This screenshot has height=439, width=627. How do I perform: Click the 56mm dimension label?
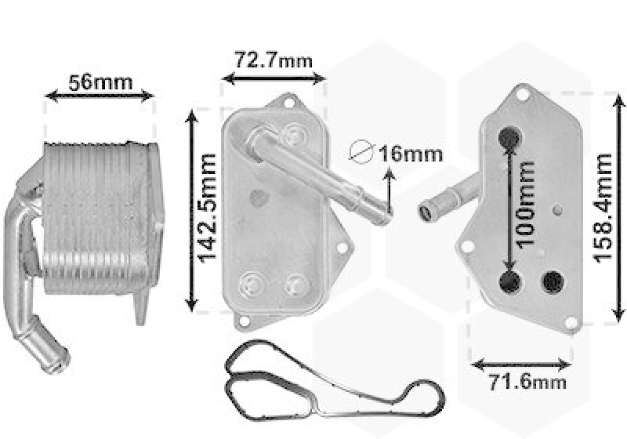[100, 82]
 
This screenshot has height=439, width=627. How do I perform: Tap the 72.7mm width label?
[273, 60]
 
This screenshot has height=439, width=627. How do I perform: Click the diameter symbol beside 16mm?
[361, 153]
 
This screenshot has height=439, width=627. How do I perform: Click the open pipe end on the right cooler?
[429, 210]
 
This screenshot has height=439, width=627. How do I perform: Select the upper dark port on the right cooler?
[509, 136]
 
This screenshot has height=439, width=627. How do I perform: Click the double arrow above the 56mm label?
[100, 96]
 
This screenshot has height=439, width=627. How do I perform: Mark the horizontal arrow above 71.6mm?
[521, 364]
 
